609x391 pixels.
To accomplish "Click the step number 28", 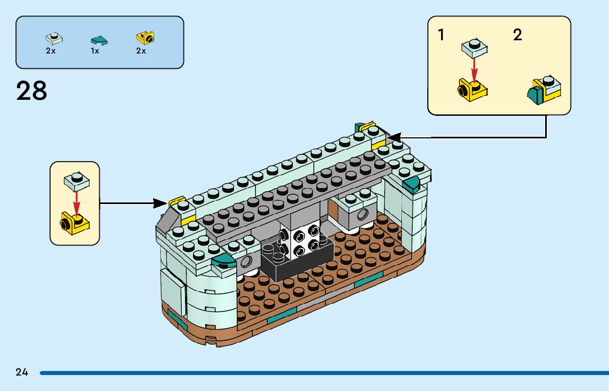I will pos(32,90).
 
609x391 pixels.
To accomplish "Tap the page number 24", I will pos(22,372).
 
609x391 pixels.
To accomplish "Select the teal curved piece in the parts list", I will pos(98,39).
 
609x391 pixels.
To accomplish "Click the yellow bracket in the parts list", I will pos(145,38).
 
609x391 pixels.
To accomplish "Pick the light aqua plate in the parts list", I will pos(53,39).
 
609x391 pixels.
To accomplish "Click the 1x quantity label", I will pos(95,51).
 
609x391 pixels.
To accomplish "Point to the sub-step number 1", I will pos(441,35).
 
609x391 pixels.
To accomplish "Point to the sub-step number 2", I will pos(517,35).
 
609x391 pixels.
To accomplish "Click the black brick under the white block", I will pos(297,263).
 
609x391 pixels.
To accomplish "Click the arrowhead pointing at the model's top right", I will pos(393,136).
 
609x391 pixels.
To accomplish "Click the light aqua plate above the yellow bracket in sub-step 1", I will pos(474,47).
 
